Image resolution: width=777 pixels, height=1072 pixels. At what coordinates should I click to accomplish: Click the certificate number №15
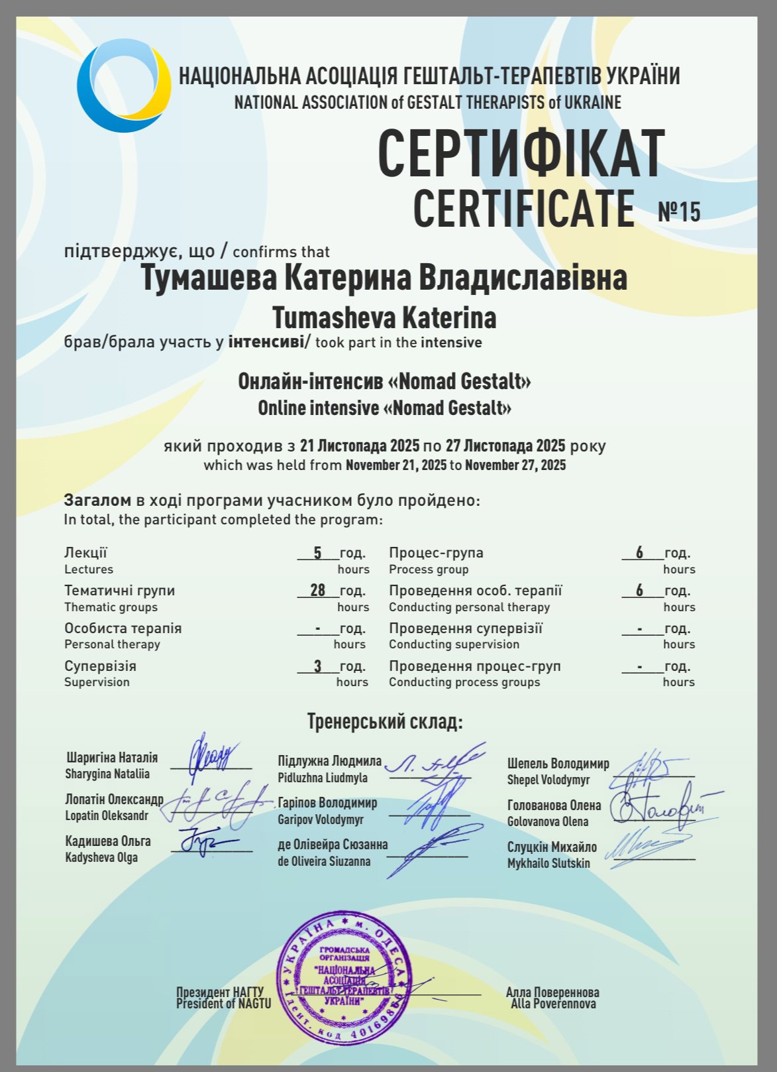tap(679, 211)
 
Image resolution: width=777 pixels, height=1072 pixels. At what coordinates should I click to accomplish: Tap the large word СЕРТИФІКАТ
tap(521, 153)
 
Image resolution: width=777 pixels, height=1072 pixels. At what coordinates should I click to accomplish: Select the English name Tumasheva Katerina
tap(384, 318)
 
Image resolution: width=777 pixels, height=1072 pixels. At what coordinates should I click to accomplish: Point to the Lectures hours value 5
tap(317, 553)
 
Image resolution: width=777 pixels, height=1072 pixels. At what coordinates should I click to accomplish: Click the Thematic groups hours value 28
tap(318, 590)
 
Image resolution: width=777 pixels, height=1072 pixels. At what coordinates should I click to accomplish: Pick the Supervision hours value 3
tap(317, 666)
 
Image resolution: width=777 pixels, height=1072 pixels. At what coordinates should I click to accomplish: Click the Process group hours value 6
tap(639, 553)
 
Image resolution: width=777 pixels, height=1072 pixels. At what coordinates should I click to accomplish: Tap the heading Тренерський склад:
tap(385, 721)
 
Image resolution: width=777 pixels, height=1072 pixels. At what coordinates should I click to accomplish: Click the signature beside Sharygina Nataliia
tap(211, 756)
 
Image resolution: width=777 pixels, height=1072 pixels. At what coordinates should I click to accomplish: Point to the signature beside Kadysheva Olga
tap(202, 842)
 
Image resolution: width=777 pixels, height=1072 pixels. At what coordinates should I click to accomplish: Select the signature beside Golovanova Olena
tap(662, 805)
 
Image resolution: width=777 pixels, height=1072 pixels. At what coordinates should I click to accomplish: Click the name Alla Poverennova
tap(553, 1004)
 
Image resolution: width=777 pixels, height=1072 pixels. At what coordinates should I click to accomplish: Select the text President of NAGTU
tap(223, 1004)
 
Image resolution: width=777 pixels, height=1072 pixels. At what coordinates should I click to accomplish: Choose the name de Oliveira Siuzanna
tap(324, 862)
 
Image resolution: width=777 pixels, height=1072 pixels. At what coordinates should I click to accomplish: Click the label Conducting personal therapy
tap(469, 607)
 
